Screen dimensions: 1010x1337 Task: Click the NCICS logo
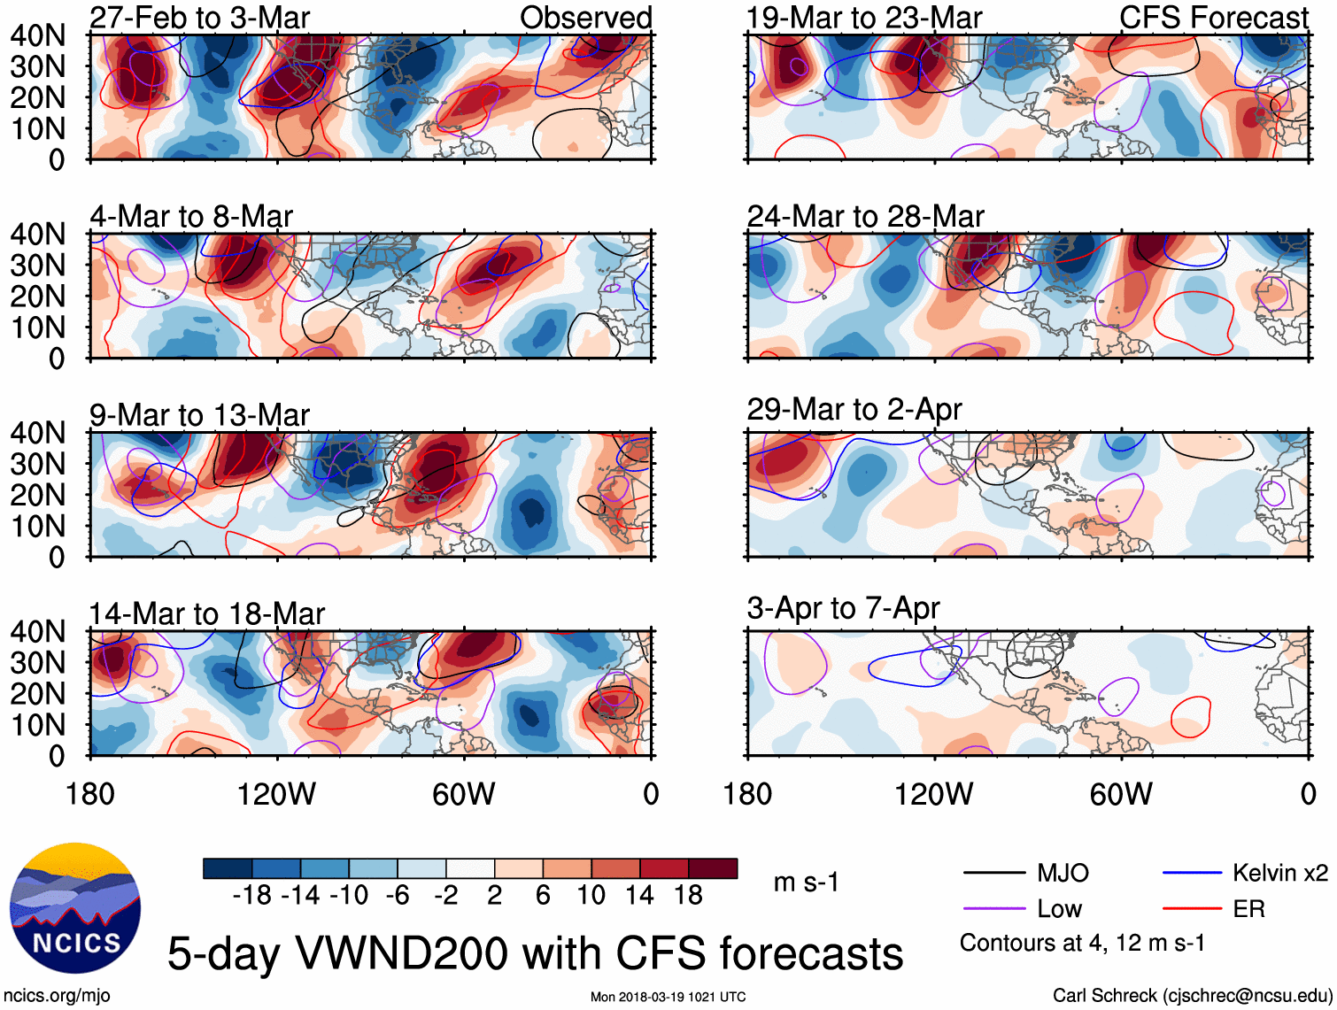click(74, 908)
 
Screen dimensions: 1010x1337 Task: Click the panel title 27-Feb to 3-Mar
click(200, 18)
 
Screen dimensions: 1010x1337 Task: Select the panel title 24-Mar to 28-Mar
click(865, 216)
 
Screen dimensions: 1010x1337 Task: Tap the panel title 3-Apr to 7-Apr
click(843, 608)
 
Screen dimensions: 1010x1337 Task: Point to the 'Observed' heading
click(585, 18)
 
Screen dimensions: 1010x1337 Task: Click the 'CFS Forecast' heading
click(1213, 18)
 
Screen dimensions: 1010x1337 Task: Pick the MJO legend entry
click(1063, 874)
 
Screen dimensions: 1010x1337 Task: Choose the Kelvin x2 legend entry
click(1279, 874)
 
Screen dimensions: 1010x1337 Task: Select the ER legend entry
click(1248, 909)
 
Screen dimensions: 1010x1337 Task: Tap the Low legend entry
click(1059, 909)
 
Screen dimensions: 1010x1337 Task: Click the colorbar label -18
click(251, 896)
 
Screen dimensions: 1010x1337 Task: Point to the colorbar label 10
click(591, 896)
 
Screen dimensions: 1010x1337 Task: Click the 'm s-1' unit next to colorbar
click(806, 883)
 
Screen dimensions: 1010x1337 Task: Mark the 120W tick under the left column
click(276, 794)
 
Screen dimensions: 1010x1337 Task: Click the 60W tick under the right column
click(1121, 794)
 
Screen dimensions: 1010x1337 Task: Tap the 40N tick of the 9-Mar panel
click(37, 433)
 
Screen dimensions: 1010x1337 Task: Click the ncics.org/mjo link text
click(57, 995)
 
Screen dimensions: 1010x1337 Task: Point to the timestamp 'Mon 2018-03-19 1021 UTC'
click(668, 997)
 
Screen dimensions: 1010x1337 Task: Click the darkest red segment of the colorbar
click(713, 868)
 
